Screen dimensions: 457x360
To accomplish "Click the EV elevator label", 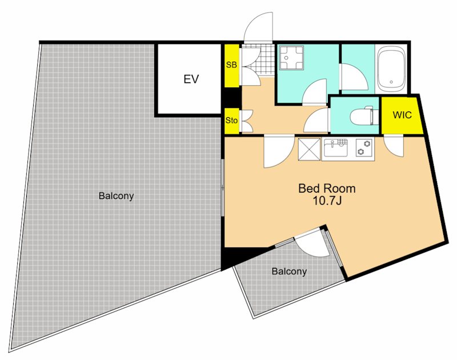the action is click(191, 79).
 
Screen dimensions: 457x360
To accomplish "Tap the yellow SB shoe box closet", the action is click(232, 65).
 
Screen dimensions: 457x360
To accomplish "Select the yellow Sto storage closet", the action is click(232, 121).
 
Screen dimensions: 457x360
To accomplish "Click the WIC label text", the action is click(402, 115).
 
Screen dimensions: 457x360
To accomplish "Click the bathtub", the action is click(391, 69).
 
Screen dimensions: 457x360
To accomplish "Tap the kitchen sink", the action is click(335, 149).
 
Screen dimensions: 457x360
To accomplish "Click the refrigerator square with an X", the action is click(309, 149).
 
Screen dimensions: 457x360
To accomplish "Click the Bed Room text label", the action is click(327, 189).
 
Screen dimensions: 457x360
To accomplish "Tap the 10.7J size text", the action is click(327, 201).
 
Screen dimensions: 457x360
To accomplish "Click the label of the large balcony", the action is click(116, 195).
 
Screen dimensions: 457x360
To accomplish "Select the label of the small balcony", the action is click(289, 271).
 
